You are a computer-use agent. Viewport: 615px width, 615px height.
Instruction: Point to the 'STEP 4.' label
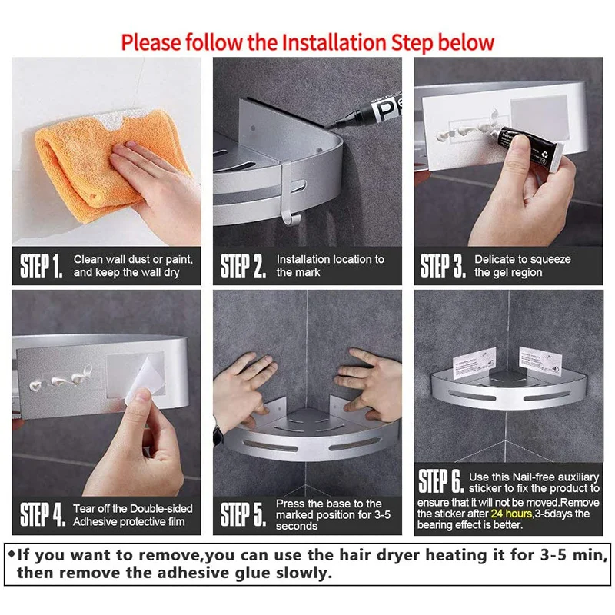pos(42,515)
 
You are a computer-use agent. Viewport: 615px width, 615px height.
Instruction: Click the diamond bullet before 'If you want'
pos(11,552)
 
